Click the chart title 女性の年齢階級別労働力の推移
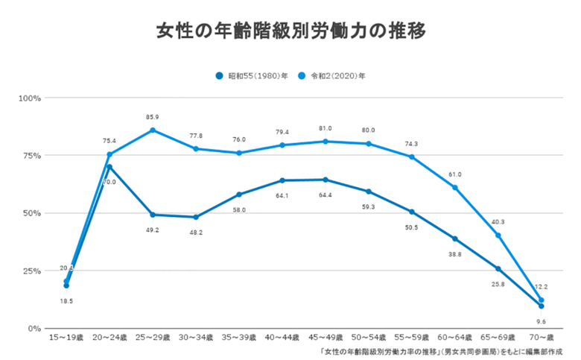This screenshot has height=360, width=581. [290, 31]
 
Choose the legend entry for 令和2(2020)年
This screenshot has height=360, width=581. [336, 75]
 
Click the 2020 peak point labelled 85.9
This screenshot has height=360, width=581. [153, 130]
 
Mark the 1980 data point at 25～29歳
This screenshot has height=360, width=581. [153, 215]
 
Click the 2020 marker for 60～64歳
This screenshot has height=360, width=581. [454, 187]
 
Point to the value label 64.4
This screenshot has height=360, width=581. [325, 196]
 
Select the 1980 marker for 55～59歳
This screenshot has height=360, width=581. [411, 212]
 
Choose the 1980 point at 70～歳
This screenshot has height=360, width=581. [541, 306]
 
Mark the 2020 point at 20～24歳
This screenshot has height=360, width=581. [109, 154]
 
